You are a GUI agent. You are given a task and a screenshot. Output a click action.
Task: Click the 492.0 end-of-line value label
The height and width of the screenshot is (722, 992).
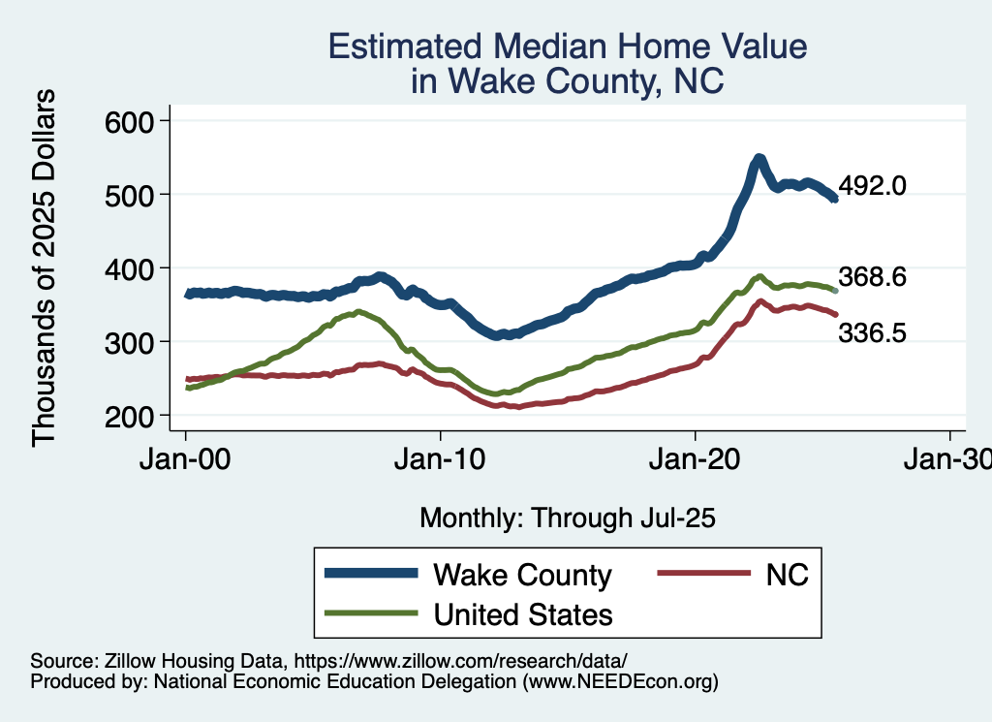(872, 186)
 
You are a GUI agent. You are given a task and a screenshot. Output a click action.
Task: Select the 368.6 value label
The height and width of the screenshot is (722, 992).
(872, 277)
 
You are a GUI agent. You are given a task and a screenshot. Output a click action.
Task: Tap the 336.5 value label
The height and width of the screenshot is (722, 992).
(872, 333)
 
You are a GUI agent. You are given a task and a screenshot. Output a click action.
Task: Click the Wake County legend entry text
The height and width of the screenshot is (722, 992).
(523, 575)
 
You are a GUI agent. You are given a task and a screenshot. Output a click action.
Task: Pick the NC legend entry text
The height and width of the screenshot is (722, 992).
(787, 575)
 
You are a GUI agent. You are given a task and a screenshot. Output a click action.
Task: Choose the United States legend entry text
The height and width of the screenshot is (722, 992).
(523, 613)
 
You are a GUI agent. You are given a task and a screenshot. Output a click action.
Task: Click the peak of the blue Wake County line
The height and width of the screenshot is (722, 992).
(759, 158)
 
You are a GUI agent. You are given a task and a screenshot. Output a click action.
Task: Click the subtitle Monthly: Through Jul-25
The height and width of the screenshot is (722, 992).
(567, 518)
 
